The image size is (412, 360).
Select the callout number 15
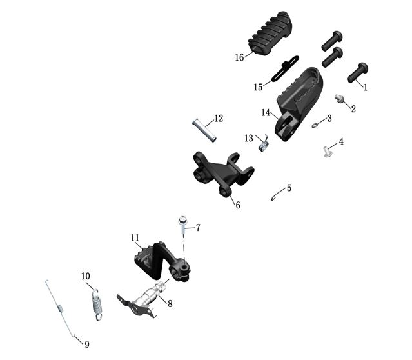click(258, 87)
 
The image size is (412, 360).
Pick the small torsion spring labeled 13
click(264, 144)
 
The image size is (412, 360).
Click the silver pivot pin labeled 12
click(204, 130)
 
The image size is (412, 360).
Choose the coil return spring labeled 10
click(98, 305)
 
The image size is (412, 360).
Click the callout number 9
click(86, 345)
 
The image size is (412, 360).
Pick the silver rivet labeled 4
click(328, 152)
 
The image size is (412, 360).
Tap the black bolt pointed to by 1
click(357, 72)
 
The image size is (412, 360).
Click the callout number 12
click(219, 118)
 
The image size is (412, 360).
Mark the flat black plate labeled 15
click(285, 68)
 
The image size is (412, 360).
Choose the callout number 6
click(238, 205)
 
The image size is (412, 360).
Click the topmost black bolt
click(332, 41)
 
